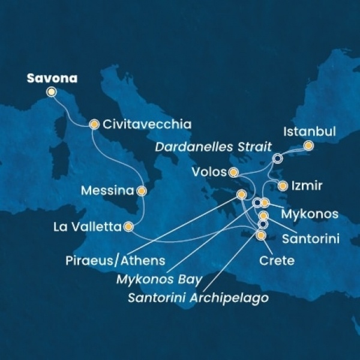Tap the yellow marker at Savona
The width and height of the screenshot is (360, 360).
pos(52,92)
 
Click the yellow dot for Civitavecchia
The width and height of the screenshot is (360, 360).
pos(94,125)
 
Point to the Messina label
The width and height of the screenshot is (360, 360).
pos(107,191)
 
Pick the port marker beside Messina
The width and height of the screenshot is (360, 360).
pos(142,191)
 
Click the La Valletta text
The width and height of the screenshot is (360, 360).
pos(88,227)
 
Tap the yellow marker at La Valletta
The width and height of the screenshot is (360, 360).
pos(128,227)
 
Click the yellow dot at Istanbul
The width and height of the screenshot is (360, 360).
pos(308,145)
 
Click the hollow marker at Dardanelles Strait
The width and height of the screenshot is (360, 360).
pos(277,158)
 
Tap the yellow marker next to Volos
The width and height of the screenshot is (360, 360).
pos(233,173)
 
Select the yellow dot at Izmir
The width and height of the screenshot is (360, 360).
pos(283,186)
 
